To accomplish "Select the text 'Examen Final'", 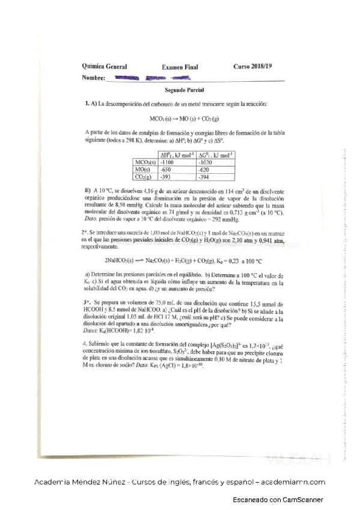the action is (180, 67).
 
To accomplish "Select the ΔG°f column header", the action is (215, 155).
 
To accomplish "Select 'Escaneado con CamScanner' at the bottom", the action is (278, 500).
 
